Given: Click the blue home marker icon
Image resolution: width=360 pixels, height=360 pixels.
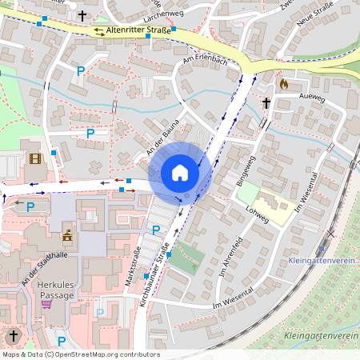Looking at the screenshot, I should pos(179,173).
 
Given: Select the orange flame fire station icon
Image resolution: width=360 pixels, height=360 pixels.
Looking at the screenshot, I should pos(282,82).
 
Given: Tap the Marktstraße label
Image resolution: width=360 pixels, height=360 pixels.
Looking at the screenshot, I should pos(130,260).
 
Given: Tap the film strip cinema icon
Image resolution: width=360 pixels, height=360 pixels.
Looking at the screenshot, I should pos(34,158).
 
